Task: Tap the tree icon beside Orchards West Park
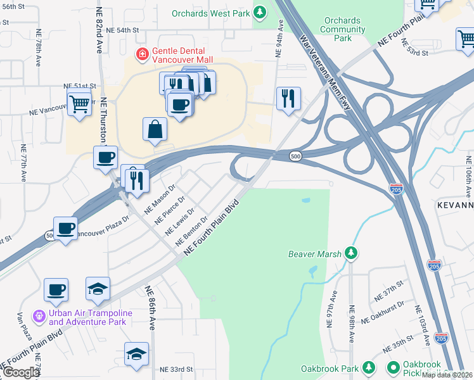click(x=259, y=13)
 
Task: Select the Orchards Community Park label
click(x=343, y=29)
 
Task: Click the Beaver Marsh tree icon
click(x=350, y=254)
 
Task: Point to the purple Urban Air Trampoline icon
click(x=39, y=315)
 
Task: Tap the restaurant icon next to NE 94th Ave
click(x=288, y=99)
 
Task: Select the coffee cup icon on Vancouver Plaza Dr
click(x=65, y=228)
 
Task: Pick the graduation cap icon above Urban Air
click(x=98, y=289)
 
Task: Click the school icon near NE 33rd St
click(x=136, y=354)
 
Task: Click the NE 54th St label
click(x=122, y=30)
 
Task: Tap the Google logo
click(x=20, y=372)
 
